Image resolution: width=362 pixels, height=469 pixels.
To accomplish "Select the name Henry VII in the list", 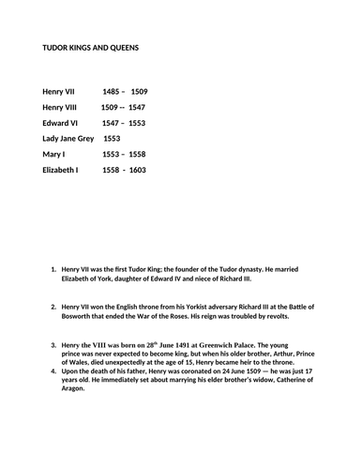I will pyautogui.click(x=61, y=92).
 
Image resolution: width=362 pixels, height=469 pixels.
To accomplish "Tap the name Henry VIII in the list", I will pyautogui.click(x=62, y=107).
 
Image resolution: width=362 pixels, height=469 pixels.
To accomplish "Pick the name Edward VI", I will pyautogui.click(x=61, y=123).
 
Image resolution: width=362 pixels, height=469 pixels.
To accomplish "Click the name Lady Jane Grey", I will pyautogui.click(x=68, y=138).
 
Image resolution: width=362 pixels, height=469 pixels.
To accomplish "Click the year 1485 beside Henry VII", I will pyautogui.click(x=112, y=92).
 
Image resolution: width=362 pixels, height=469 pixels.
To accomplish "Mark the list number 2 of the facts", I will pyautogui.click(x=53, y=307).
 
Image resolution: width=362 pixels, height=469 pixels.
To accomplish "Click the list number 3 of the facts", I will pyautogui.click(x=53, y=345).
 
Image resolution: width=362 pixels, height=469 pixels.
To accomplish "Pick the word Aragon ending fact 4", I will pyautogui.click(x=77, y=389).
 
